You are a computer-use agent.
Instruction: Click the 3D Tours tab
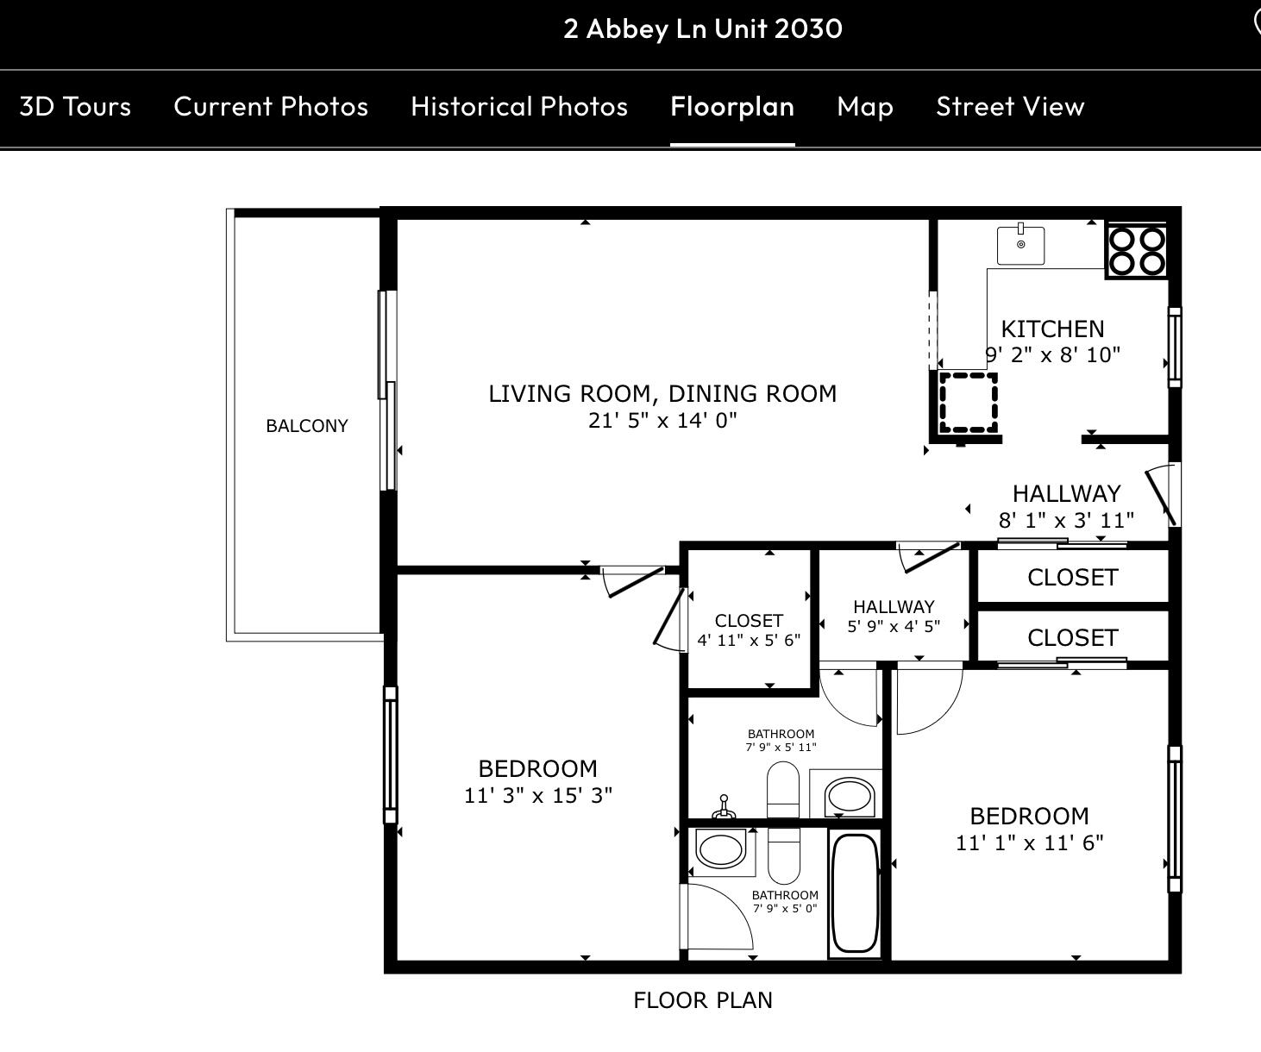pyautogui.click(x=75, y=106)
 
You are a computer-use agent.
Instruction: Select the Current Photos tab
pyautogui.click(x=271, y=106)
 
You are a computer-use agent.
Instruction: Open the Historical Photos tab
pyautogui.click(x=519, y=106)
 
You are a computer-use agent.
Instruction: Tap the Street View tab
pyautogui.click(x=1010, y=106)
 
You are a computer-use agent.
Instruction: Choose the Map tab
pyautogui.click(x=865, y=106)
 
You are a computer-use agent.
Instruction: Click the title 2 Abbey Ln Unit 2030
pyautogui.click(x=703, y=28)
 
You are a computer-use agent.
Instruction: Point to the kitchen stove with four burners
pyautogui.click(x=1137, y=251)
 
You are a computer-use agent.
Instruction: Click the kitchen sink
pyautogui.click(x=1020, y=246)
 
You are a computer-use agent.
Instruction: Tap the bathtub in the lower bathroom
pyautogui.click(x=855, y=892)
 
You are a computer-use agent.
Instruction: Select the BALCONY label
pyautogui.click(x=307, y=426)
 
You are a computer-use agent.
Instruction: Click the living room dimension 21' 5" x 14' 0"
pyautogui.click(x=662, y=421)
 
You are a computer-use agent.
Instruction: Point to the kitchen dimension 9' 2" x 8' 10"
pyautogui.click(x=1053, y=354)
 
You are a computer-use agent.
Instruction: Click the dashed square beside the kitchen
pyautogui.click(x=969, y=403)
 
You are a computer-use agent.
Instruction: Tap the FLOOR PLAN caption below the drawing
pyautogui.click(x=703, y=1000)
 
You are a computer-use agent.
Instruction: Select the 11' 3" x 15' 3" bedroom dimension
pyautogui.click(x=538, y=795)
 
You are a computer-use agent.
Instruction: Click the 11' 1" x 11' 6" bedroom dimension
pyautogui.click(x=1030, y=842)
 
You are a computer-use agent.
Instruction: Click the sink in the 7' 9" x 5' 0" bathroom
pyautogui.click(x=720, y=850)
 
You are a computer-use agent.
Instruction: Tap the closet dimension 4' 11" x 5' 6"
pyautogui.click(x=749, y=640)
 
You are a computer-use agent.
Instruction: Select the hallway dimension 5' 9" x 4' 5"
pyautogui.click(x=894, y=627)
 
